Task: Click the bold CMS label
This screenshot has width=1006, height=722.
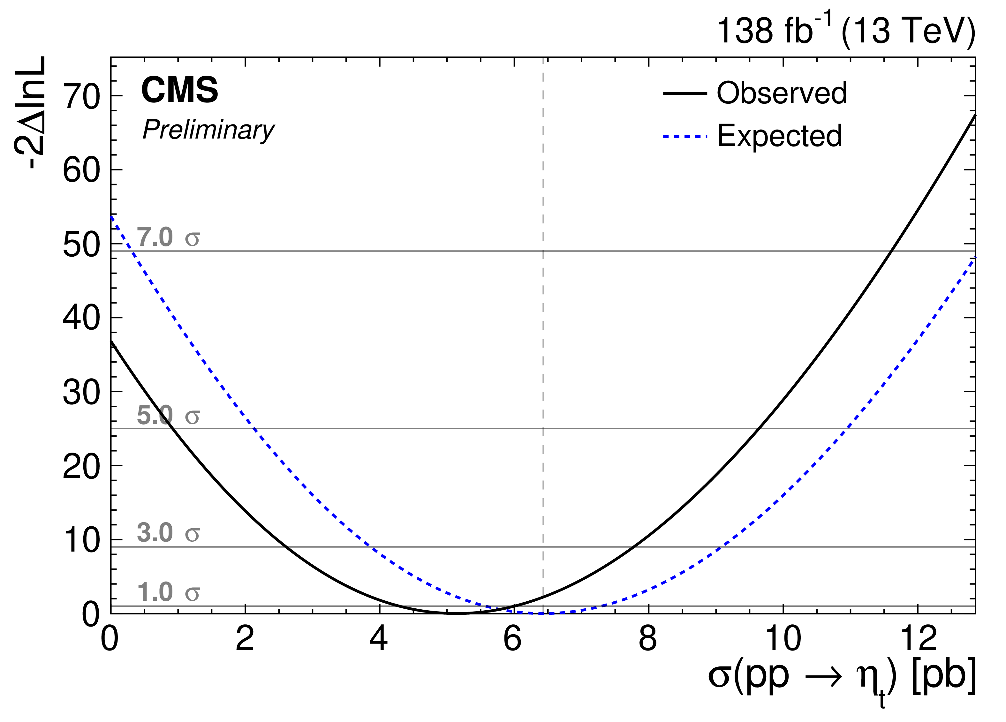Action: pos(180,90)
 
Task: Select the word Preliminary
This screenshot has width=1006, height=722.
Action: pos(208,130)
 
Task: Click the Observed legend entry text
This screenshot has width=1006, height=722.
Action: pos(782,93)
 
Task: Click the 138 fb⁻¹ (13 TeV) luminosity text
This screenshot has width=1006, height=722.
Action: pos(845,31)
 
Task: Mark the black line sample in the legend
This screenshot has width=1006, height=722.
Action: pos(685,93)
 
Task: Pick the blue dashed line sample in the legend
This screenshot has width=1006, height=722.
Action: pos(685,137)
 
